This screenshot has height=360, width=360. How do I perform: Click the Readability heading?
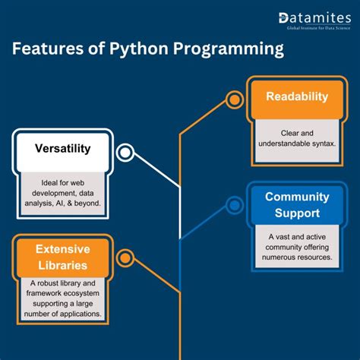[x=296, y=96]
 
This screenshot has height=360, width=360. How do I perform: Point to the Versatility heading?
[x=63, y=148]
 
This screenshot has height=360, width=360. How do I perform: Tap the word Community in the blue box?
[x=296, y=197]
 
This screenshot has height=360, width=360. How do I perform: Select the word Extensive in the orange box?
[x=63, y=249]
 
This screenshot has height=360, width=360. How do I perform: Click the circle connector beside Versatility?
[x=125, y=153]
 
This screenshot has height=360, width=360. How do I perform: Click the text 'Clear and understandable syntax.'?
[x=296, y=138]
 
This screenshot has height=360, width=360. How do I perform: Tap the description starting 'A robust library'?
[x=63, y=298]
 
